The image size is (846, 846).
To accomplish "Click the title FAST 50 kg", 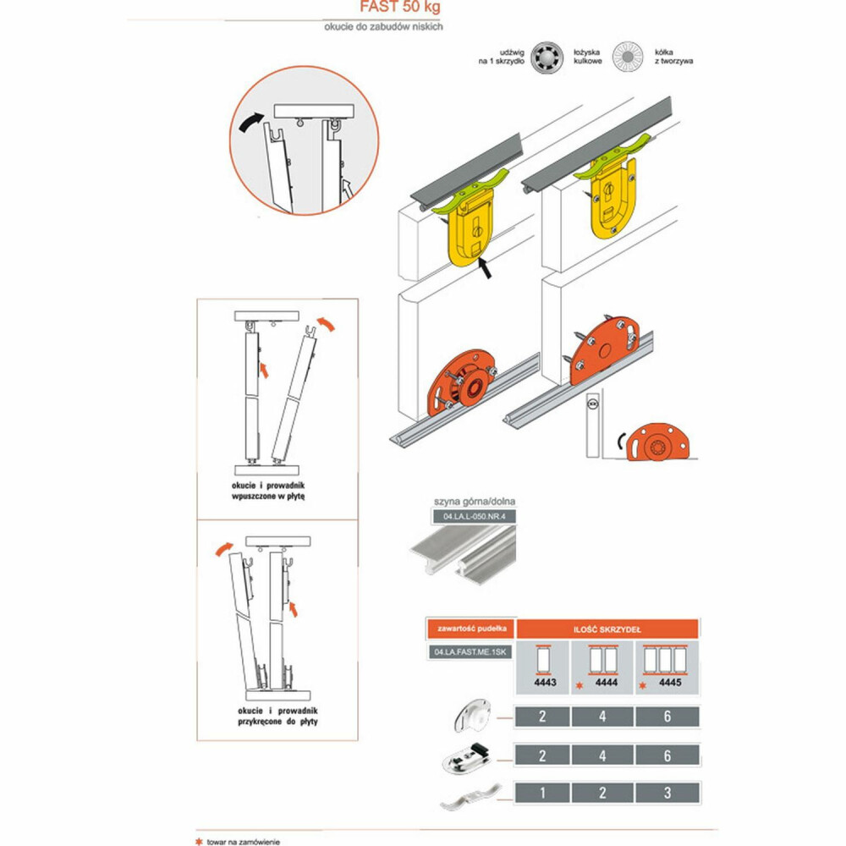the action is (x=400, y=7).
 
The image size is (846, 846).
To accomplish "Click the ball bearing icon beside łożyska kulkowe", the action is (x=547, y=57).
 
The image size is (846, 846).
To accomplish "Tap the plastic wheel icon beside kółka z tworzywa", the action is (x=628, y=57).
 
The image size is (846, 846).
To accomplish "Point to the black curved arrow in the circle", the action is (x=251, y=123).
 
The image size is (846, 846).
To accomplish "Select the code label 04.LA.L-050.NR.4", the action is (x=475, y=516).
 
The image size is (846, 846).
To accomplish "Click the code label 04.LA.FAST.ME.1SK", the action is (x=470, y=651).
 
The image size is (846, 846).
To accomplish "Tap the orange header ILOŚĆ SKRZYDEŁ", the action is (x=607, y=629).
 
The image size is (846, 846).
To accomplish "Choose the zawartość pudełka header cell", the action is (x=471, y=629).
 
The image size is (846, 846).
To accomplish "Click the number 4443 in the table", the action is (x=545, y=683).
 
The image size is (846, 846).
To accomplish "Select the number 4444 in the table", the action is (x=607, y=683).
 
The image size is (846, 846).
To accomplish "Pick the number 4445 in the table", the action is (x=670, y=683).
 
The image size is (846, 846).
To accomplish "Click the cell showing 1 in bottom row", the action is (x=542, y=793).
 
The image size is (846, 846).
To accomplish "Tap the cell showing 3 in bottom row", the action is (x=667, y=793).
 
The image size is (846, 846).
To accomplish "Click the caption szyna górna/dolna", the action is (x=475, y=501).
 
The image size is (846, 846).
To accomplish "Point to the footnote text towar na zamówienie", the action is (x=244, y=842).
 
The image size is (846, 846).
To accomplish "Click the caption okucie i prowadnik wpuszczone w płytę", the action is (x=268, y=491).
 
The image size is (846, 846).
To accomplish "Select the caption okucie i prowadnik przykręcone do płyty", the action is (x=277, y=716).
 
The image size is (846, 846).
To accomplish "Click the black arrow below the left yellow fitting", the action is (x=485, y=267).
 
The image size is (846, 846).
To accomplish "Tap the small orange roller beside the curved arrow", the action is (x=657, y=442).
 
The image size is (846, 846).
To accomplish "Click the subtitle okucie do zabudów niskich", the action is (x=383, y=26).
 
